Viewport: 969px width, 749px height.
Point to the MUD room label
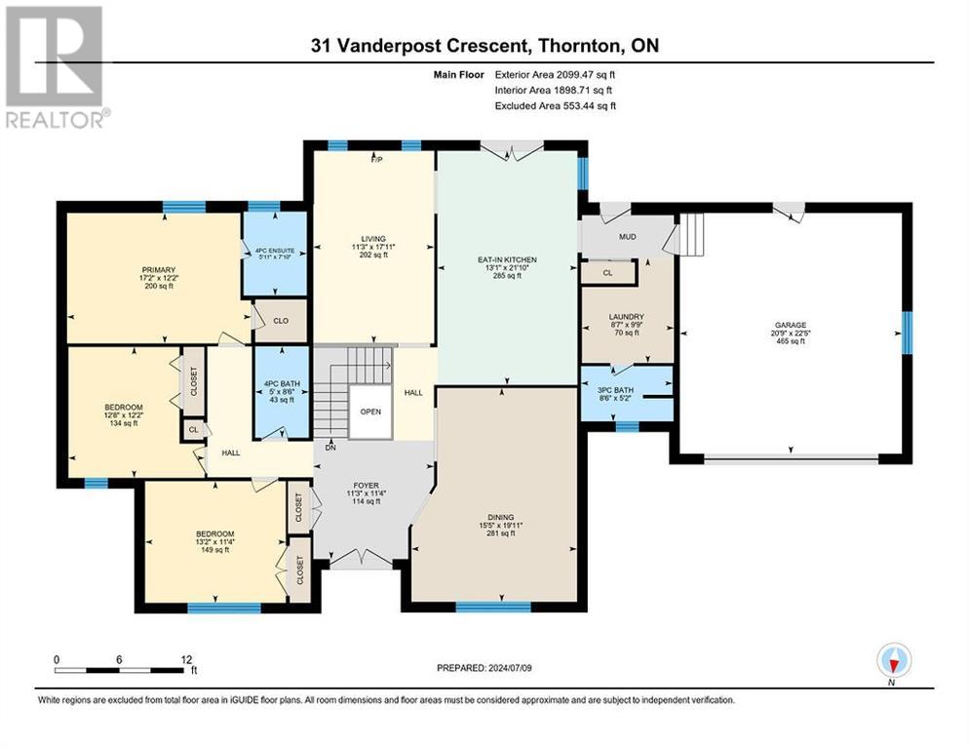tap(627, 236)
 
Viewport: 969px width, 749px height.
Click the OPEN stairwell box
tap(369, 411)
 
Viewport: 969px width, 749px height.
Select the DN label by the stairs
tap(330, 448)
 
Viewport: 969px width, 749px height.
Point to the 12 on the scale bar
tap(185, 658)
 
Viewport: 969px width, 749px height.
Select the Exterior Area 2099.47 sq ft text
tap(555, 73)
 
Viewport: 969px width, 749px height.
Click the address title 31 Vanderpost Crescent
tap(484, 46)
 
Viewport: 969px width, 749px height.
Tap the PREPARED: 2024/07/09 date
tap(484, 668)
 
